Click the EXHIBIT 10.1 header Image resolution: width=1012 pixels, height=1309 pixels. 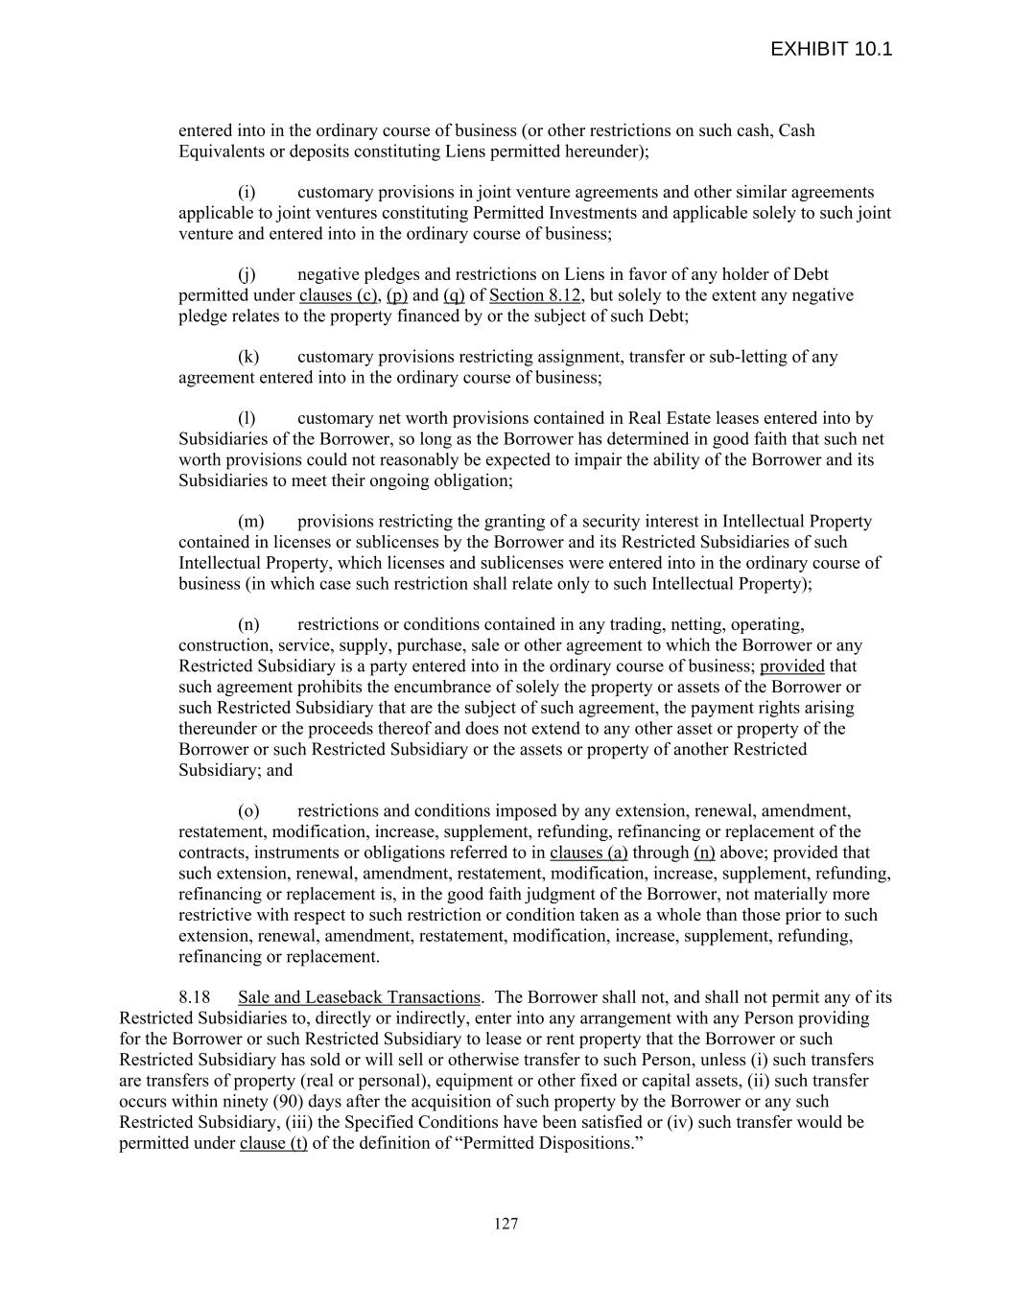[x=831, y=49]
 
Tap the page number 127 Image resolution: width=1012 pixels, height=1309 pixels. [x=506, y=1223]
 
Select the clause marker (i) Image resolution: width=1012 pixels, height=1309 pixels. [x=247, y=192]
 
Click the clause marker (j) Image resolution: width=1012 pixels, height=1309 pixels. [x=247, y=274]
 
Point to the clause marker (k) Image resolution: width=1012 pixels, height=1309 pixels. [x=248, y=357]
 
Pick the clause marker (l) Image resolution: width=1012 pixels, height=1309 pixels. [x=247, y=418]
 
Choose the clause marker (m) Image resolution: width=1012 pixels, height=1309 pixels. [x=250, y=522]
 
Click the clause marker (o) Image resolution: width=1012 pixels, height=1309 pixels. [x=248, y=811]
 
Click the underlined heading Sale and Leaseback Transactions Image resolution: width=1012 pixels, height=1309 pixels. [x=359, y=997]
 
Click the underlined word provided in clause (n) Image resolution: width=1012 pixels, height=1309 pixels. [x=792, y=666]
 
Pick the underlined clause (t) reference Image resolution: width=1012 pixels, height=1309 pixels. [x=273, y=1143]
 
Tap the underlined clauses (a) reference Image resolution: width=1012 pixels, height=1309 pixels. [x=588, y=853]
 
